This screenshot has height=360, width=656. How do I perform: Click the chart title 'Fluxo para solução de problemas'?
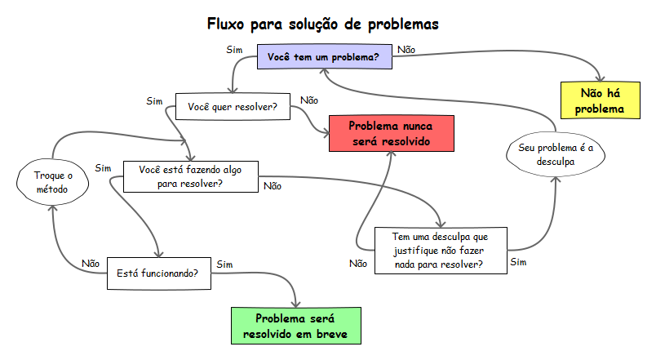pos(323,24)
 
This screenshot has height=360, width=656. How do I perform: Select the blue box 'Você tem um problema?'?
pos(324,59)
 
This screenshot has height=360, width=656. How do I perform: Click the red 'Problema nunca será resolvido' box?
pos(391,133)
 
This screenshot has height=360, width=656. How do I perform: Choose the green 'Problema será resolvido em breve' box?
pos(295,326)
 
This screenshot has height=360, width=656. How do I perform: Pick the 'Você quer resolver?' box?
pos(233,107)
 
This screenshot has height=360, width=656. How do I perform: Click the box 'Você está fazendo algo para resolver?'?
pos(190,176)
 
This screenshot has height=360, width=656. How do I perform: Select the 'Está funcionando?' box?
pos(158,273)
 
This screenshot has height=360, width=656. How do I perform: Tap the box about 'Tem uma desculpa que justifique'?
pos(440,250)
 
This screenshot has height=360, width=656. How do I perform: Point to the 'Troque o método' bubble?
pos(53,182)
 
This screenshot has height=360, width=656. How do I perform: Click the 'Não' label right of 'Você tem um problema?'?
pos(406,50)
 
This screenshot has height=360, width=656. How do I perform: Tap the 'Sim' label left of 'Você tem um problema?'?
pos(234,50)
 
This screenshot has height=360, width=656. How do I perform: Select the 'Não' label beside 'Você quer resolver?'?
pos(309,100)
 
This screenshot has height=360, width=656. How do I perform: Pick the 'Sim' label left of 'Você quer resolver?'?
pos(154,101)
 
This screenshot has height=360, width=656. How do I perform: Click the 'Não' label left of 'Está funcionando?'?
pos(91,264)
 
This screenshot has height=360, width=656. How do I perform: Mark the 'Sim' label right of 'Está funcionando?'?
pos(224,264)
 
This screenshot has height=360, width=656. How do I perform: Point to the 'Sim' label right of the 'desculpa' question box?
pos(518,262)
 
